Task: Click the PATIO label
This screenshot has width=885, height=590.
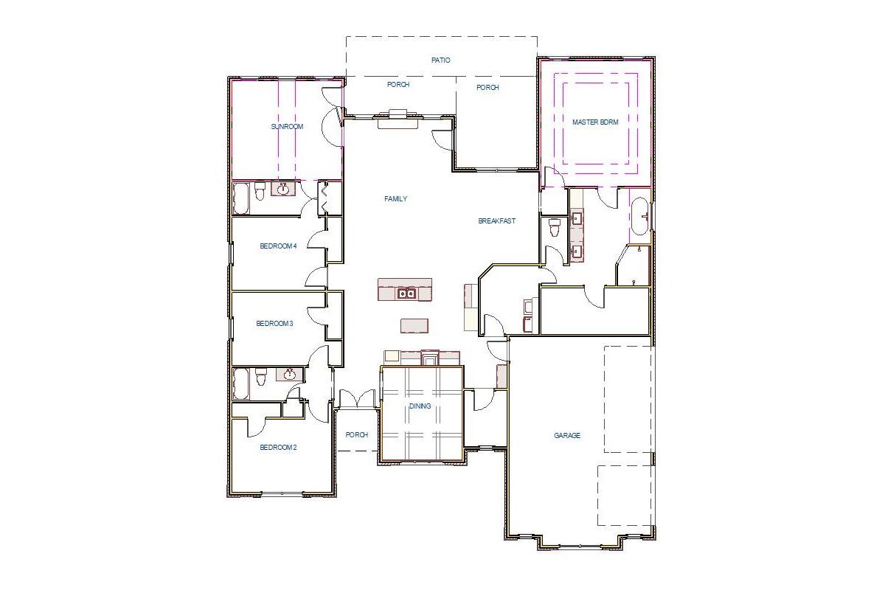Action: coord(440,60)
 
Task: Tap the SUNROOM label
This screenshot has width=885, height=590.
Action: coord(287,127)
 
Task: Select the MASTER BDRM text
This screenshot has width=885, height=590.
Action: coord(596,122)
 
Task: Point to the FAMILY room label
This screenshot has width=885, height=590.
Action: coord(395,199)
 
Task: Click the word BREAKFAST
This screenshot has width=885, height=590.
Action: coord(496,221)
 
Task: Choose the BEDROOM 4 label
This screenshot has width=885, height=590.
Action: coord(278,246)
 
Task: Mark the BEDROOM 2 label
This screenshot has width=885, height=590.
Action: coord(278,448)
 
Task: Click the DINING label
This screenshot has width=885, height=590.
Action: coord(420,406)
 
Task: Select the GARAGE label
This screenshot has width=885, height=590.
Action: coord(567,436)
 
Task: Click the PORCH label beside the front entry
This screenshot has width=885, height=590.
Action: coord(357,435)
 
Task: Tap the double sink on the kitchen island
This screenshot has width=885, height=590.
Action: coord(406,294)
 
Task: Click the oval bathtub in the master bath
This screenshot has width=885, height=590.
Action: coord(639,216)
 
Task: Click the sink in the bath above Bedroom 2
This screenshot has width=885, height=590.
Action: coord(289,375)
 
